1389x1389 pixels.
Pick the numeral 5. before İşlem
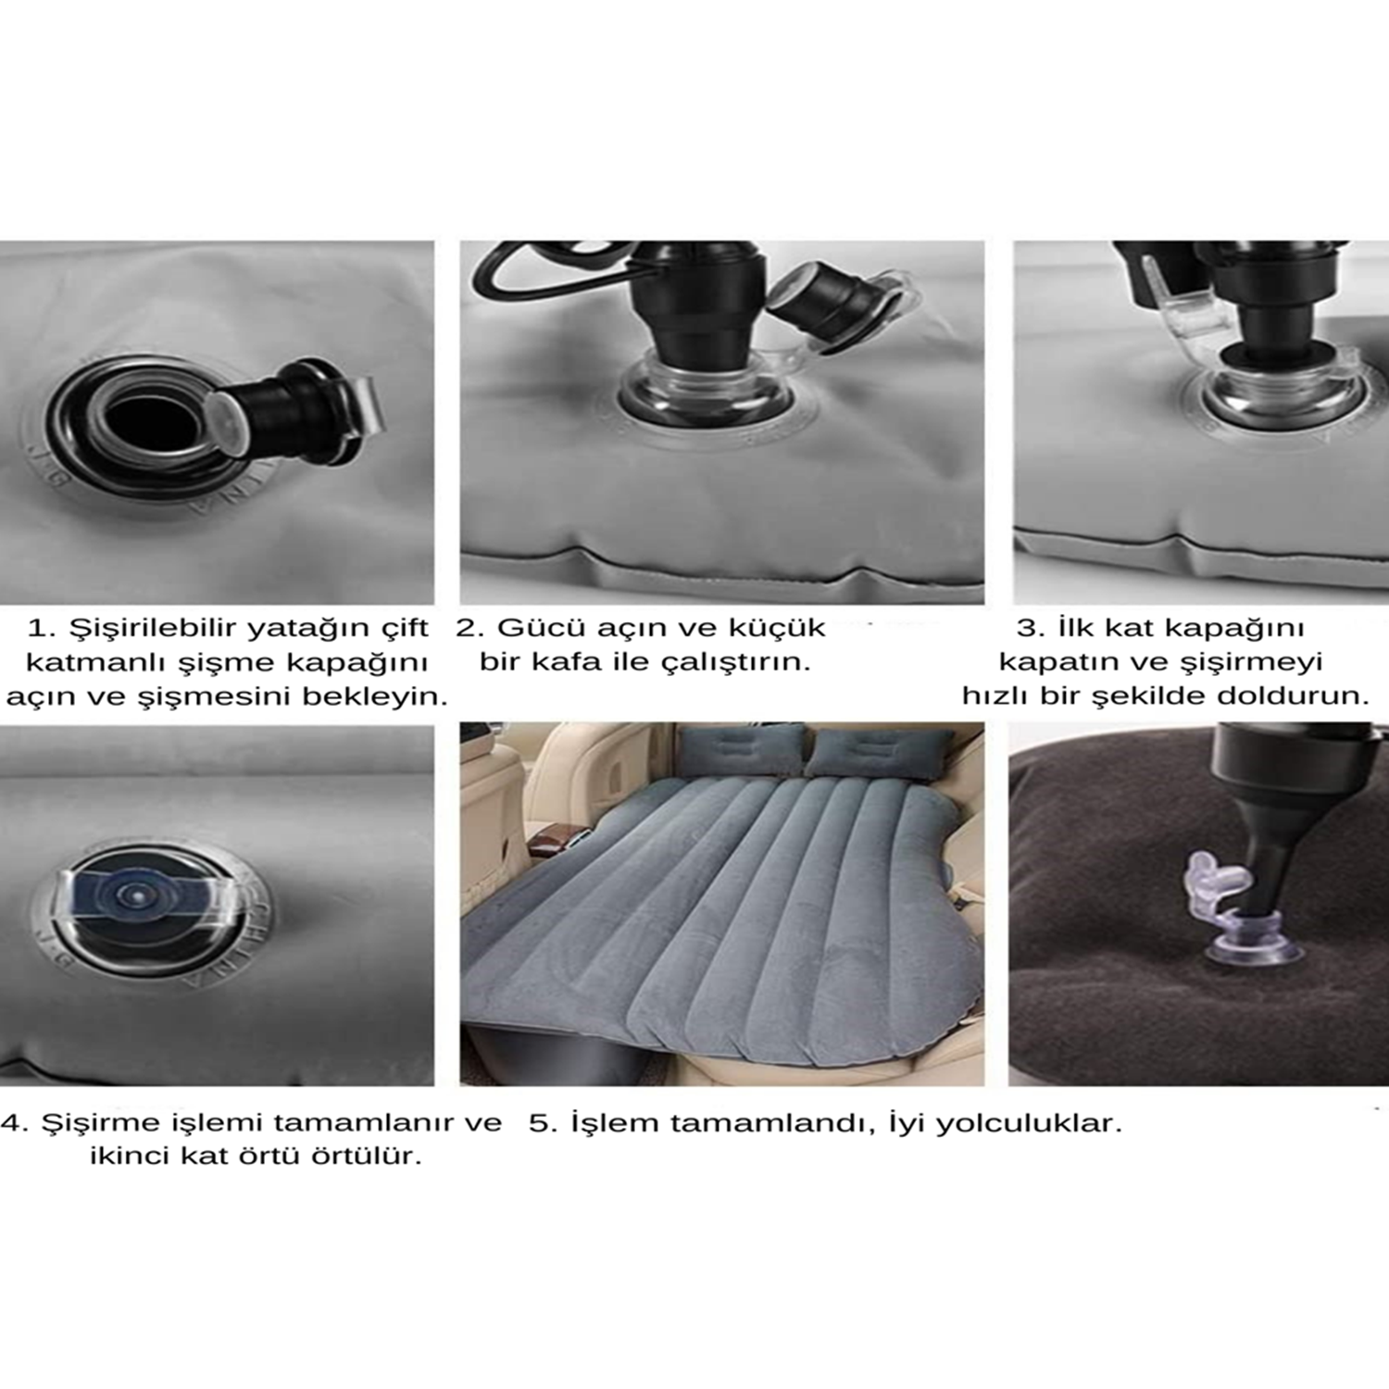[x=543, y=1124]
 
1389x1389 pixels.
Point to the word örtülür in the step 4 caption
[x=360, y=1157]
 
